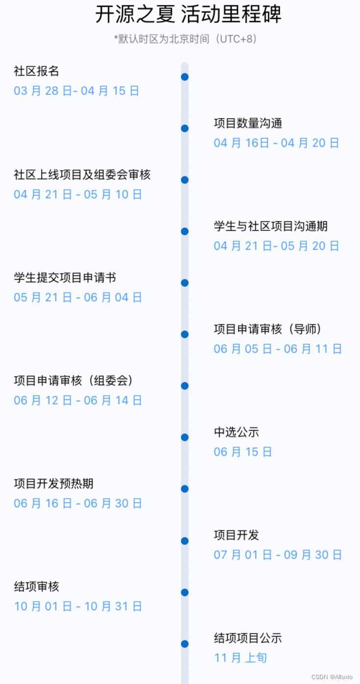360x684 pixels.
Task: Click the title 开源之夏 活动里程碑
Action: pos(188,15)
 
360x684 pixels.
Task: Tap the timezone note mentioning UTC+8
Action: pos(185,39)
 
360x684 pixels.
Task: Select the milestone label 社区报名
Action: pos(36,71)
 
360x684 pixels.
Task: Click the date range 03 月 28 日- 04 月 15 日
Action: pos(76,91)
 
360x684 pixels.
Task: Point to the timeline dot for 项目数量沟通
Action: pos(185,128)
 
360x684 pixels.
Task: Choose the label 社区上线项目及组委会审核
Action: pos(82,174)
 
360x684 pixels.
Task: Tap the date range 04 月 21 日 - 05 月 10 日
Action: pos(78,195)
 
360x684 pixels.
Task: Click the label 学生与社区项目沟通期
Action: pos(270,226)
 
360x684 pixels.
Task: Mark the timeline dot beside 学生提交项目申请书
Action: pos(185,283)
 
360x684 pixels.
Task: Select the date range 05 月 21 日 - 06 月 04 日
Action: pos(78,297)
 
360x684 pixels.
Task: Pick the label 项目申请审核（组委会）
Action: pos(73,380)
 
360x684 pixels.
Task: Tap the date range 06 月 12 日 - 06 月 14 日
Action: pos(78,400)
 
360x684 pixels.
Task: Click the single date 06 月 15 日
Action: pos(242,452)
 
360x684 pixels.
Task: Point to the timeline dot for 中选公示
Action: pos(185,437)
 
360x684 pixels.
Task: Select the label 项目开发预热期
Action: pos(53,484)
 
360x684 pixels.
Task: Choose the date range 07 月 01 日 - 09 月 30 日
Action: pos(278,555)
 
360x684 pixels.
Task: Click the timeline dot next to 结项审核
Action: pos(185,592)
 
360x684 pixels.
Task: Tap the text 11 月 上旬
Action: pos(240,658)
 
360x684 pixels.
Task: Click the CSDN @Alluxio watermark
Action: pos(332,676)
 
